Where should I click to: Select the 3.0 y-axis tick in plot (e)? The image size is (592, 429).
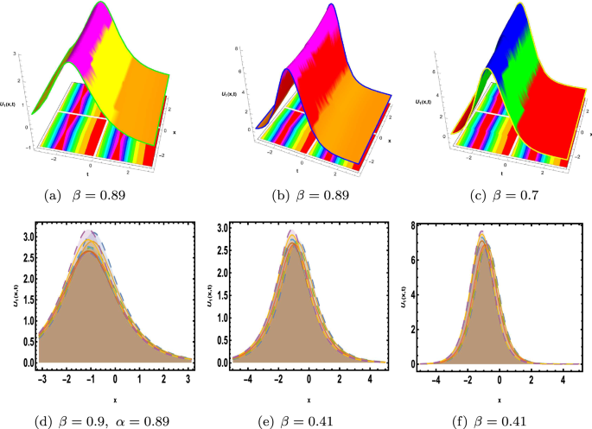point(223,228)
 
